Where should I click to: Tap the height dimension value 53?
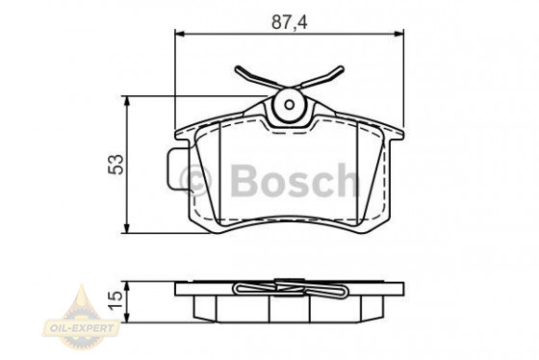click(116, 165)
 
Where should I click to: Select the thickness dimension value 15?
click(116, 301)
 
